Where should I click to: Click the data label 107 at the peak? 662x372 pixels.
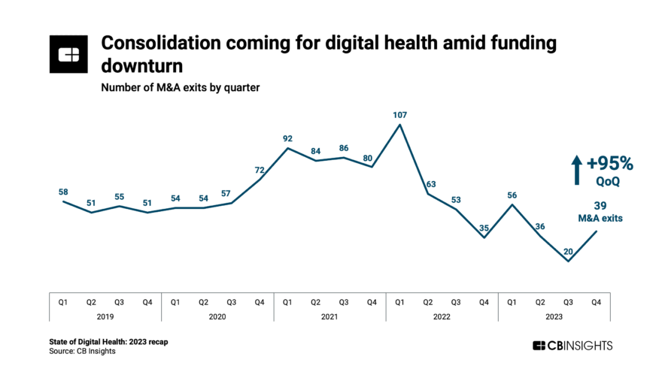[399, 116]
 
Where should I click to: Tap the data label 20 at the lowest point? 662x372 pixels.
[569, 252]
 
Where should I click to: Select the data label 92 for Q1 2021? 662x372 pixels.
[287, 138]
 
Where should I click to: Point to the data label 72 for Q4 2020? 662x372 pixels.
[259, 171]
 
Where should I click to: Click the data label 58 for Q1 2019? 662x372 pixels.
[63, 192]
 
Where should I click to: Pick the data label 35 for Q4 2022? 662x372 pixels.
[484, 228]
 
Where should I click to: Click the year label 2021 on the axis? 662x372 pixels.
[329, 317]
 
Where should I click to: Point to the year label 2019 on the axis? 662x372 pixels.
[105, 317]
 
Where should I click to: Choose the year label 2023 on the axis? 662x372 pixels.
[554, 317]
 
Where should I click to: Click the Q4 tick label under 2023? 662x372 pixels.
[597, 302]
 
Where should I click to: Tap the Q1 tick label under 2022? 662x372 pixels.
[399, 302]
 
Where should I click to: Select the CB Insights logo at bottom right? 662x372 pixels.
[572, 346]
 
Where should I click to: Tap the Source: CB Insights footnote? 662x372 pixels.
[83, 351]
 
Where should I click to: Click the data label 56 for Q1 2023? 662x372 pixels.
[512, 194]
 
